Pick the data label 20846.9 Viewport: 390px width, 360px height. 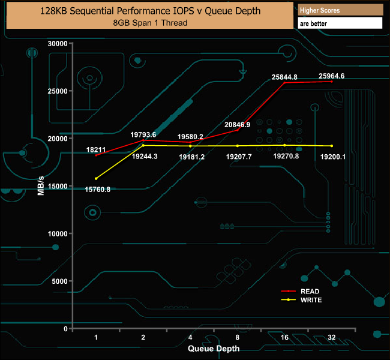coord(238,124)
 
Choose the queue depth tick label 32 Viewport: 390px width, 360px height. coord(332,338)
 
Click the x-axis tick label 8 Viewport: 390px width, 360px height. coord(238,338)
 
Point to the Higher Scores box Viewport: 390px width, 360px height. coord(340,11)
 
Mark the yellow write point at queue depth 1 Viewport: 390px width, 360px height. coord(96,178)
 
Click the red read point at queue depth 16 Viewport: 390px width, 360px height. coord(284,82)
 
